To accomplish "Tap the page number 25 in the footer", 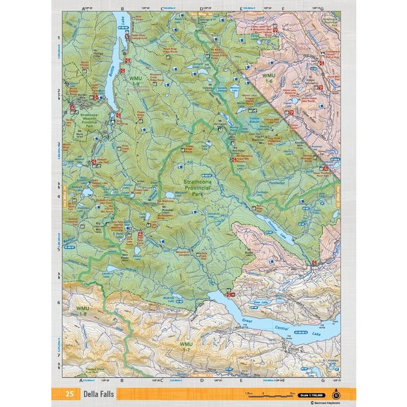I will [x=68, y=394].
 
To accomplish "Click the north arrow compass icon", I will [x=337, y=394].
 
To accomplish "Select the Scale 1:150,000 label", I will [x=312, y=394].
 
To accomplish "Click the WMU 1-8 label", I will [x=83, y=311].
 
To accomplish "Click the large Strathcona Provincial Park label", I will [x=203, y=188].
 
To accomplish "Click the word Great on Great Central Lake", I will [x=249, y=322].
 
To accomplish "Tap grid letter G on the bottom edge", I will [x=322, y=380].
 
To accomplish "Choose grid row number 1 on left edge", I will [x=58, y=37].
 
